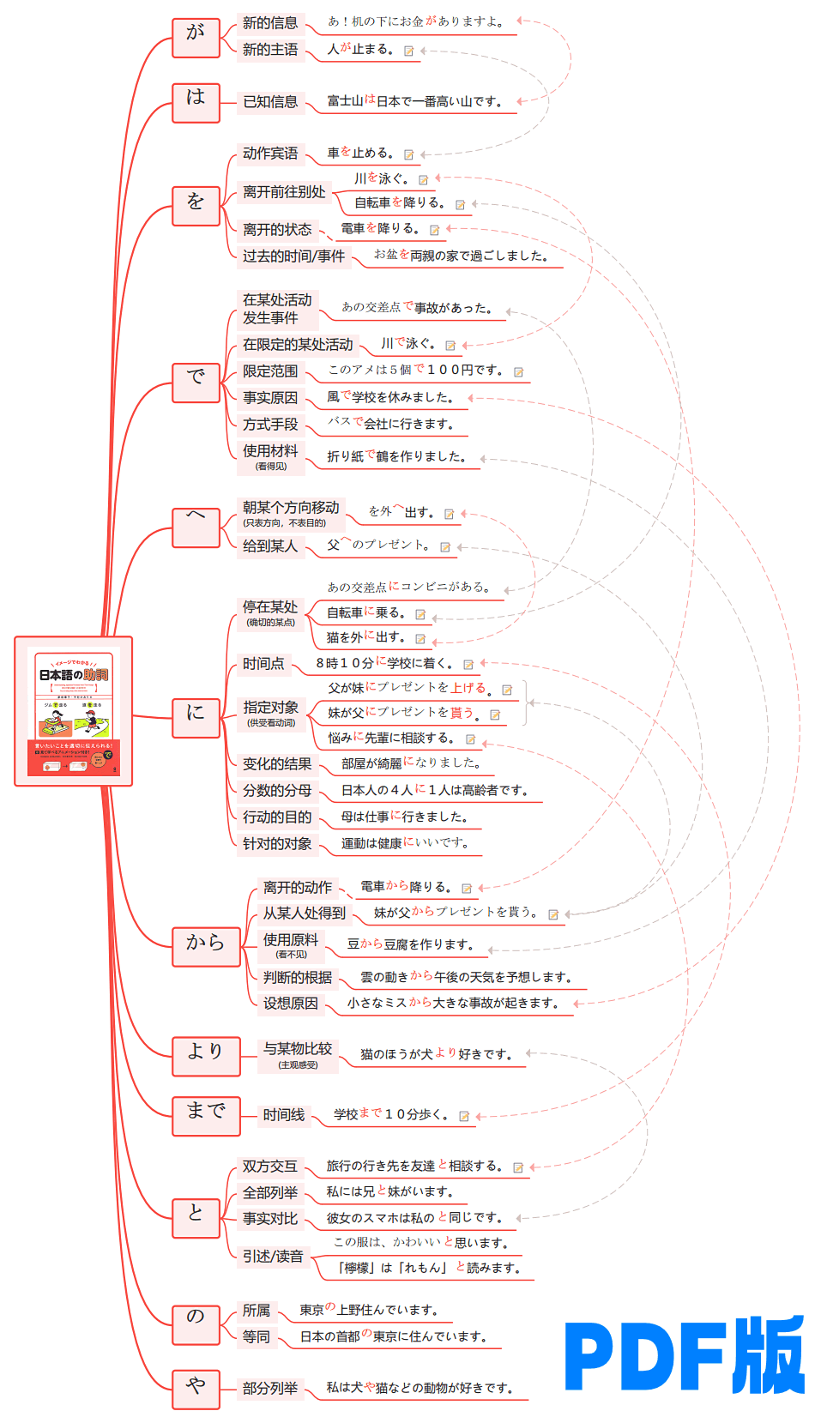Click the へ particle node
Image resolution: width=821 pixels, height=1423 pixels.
(196, 526)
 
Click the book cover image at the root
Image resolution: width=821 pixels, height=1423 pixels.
(74, 711)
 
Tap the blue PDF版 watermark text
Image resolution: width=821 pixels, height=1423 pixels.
(684, 1355)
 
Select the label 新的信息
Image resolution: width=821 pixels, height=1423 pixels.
(270, 23)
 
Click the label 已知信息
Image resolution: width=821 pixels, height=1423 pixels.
(270, 102)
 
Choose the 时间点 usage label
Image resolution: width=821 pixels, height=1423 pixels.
(263, 664)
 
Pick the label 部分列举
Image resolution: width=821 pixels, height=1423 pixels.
(270, 1389)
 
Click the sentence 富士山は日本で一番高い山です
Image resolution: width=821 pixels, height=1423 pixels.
(414, 101)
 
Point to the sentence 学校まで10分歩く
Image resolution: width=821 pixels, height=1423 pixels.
(391, 1115)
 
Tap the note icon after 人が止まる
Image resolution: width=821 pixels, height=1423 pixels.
(409, 51)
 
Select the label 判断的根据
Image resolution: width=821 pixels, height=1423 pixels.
(298, 977)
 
